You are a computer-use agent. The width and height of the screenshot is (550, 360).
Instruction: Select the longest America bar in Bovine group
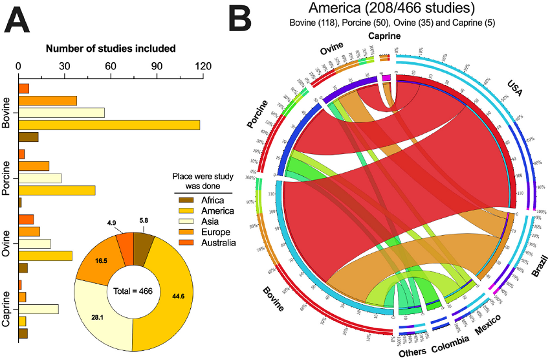pyautogui.click(x=109, y=125)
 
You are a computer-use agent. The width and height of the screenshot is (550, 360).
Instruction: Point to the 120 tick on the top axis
pyautogui.click(x=203, y=65)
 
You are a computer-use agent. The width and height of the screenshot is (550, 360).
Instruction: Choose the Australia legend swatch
pyautogui.click(x=185, y=243)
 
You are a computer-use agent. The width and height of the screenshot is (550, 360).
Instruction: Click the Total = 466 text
pyautogui.click(x=132, y=291)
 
